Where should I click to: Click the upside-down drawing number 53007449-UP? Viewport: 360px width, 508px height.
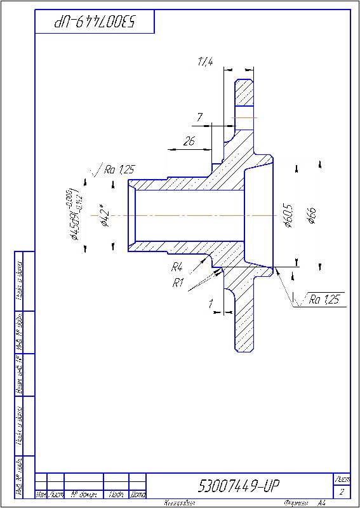[x=95, y=23]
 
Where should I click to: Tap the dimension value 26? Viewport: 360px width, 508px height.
[x=189, y=142]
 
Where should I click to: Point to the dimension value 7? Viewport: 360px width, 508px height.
[x=199, y=117]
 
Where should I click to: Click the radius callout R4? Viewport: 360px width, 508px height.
[x=177, y=267]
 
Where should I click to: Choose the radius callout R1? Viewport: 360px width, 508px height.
[x=178, y=283]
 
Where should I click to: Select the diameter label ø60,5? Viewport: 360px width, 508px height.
[x=288, y=215]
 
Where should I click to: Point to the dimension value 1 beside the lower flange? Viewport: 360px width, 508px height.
[x=210, y=304]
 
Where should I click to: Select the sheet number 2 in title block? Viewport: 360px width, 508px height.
[x=342, y=492]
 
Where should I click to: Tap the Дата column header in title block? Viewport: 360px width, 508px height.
[x=138, y=494]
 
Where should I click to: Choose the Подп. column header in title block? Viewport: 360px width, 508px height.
[x=116, y=494]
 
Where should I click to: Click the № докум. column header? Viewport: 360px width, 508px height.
[x=83, y=494]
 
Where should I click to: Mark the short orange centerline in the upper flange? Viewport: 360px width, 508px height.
[x=244, y=117]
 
